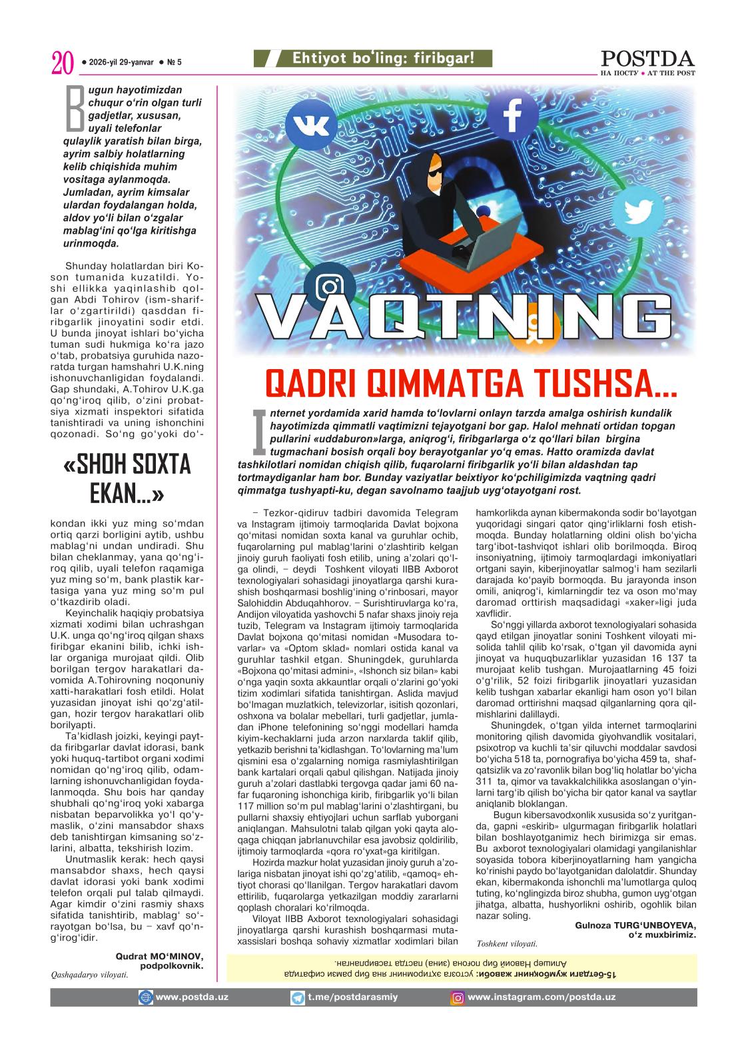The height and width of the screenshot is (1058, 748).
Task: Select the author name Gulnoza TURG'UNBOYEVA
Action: click(x=635, y=925)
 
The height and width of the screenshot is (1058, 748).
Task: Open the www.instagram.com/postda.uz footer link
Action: click(x=541, y=997)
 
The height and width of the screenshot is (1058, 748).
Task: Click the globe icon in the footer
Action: click(x=145, y=997)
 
